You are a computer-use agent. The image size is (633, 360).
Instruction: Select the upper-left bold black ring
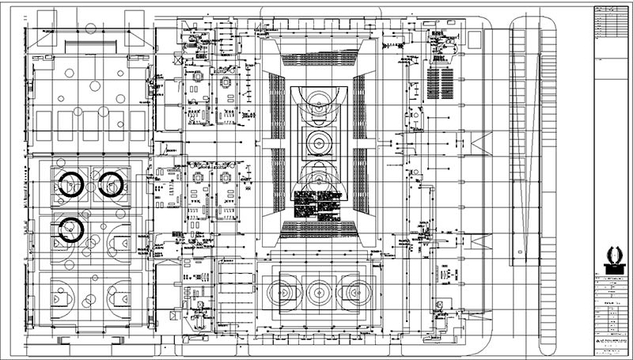tap(71, 184)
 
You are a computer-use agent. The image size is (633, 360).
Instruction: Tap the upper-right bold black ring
tap(111, 184)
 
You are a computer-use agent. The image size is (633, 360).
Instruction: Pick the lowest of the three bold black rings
tap(71, 229)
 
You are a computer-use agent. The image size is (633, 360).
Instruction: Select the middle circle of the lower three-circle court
tap(320, 291)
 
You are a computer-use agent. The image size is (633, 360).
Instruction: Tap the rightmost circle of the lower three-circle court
tap(354, 291)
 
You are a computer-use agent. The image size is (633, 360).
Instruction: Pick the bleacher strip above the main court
tap(320, 58)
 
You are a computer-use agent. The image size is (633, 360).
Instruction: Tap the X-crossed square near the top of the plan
tap(181, 59)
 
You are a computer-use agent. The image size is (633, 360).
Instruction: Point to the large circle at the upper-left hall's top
tap(90, 29)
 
